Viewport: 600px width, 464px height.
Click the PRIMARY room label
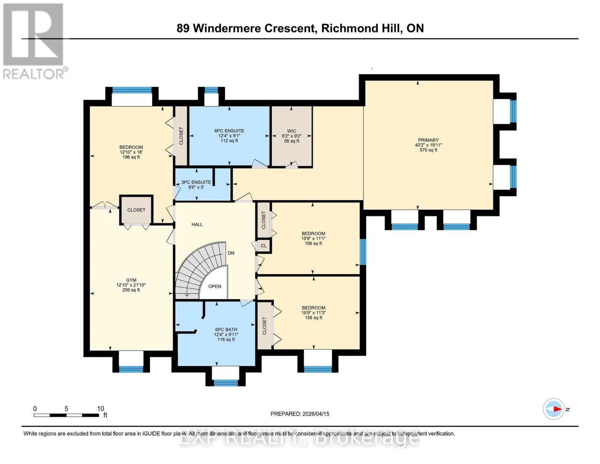tap(428, 140)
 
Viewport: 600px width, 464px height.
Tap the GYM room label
tap(131, 280)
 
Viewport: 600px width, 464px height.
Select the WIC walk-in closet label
tap(292, 131)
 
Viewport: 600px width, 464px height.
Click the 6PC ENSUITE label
tap(229, 131)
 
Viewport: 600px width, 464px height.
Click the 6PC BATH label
tap(226, 329)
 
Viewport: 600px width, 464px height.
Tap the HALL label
tap(197, 224)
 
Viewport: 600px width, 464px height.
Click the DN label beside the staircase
tap(231, 253)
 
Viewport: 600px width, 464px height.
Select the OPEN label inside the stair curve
tap(215, 287)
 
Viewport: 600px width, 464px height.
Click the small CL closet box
tap(263, 246)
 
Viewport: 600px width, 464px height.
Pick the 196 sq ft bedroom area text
tap(131, 157)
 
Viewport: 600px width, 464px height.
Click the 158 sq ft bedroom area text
tap(313, 318)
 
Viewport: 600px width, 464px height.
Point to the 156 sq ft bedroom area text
tap(313, 244)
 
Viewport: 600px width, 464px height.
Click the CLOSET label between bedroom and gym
tap(136, 210)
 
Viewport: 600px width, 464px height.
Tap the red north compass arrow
tap(557, 409)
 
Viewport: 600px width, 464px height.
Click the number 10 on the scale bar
tap(100, 409)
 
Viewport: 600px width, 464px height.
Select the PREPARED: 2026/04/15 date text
tap(300, 414)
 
